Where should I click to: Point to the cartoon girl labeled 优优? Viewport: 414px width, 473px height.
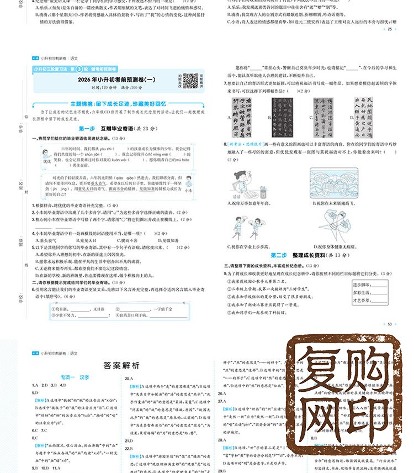click(x=47, y=155)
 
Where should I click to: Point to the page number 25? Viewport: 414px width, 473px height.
click(x=390, y=29)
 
